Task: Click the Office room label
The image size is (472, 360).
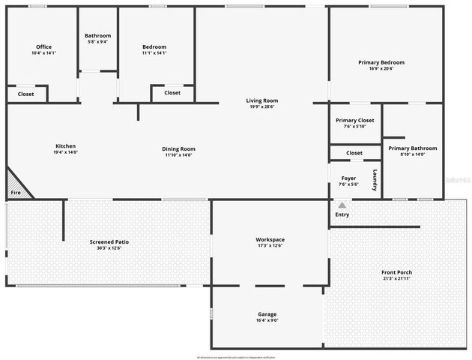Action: click(x=43, y=49)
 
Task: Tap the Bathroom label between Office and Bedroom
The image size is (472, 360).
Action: click(x=97, y=38)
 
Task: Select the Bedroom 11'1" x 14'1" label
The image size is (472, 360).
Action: click(x=154, y=49)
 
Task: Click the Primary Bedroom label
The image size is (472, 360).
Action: click(x=381, y=65)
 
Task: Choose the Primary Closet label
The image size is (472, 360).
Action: click(x=355, y=123)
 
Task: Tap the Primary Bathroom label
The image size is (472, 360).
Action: click(x=413, y=151)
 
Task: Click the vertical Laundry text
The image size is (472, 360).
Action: click(x=375, y=179)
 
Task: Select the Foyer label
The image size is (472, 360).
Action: click(x=348, y=181)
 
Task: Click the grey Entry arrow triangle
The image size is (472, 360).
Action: click(x=342, y=204)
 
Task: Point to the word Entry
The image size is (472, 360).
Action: click(x=342, y=214)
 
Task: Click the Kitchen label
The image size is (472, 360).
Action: click(x=66, y=148)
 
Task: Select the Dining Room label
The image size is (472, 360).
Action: click(x=178, y=151)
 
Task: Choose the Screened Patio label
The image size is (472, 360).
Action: click(x=109, y=244)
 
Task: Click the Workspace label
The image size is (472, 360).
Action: click(x=270, y=242)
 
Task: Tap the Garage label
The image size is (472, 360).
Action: click(x=267, y=316)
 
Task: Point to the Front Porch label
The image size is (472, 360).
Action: click(x=396, y=274)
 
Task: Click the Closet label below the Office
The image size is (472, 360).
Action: click(x=26, y=94)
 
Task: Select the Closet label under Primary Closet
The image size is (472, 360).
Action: click(x=354, y=153)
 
